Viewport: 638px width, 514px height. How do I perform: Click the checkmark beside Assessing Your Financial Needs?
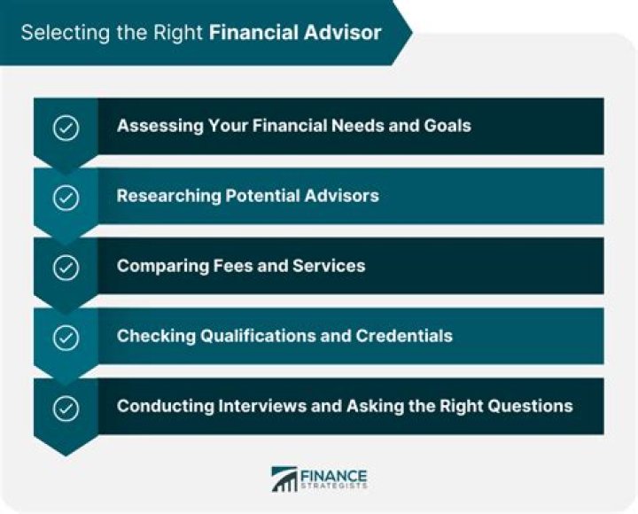66,128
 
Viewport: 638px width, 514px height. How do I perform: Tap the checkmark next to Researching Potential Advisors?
66,197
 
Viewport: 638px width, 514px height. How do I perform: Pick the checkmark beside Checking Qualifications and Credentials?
66,338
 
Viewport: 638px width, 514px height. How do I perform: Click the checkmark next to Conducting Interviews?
66,409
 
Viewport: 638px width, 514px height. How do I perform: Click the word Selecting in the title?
56,33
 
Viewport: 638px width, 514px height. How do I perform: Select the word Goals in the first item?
447,125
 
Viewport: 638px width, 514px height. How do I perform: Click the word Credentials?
404,336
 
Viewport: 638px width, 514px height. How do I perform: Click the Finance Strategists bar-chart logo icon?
284,479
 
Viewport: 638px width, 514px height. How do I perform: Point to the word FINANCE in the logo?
334,474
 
